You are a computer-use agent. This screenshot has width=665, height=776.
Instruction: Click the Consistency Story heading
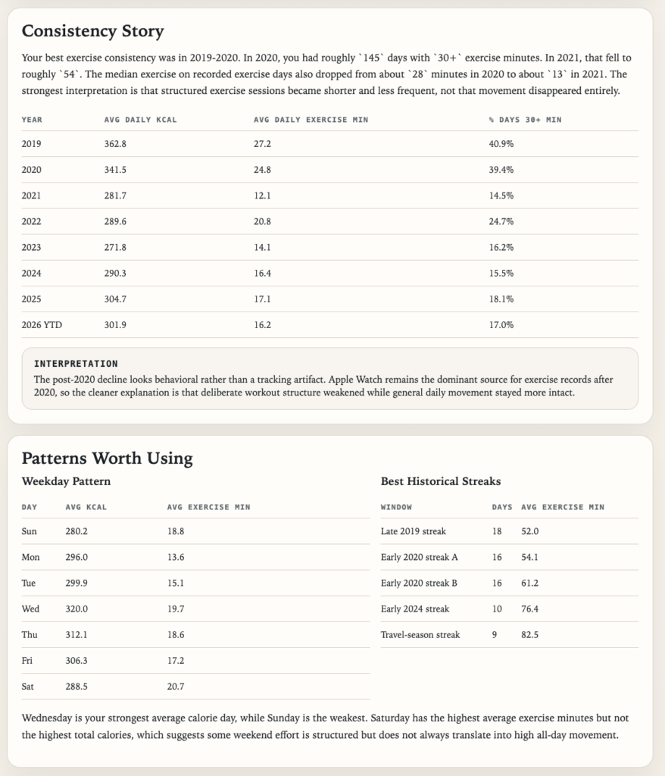[92, 31]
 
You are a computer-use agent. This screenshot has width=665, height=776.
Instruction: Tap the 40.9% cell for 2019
[501, 144]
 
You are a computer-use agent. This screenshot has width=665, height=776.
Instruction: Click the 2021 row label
[32, 196]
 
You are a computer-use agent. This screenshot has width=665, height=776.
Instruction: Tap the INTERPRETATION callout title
[76, 364]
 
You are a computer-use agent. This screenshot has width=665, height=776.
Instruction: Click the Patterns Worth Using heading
[107, 458]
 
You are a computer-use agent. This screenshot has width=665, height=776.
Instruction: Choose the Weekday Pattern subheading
[66, 481]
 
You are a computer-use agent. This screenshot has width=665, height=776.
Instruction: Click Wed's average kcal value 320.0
[77, 609]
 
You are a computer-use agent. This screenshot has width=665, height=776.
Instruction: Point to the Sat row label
[29, 687]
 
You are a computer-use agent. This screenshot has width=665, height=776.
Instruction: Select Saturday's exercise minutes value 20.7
[176, 687]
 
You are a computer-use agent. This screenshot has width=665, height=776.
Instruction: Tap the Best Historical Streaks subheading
[440, 481]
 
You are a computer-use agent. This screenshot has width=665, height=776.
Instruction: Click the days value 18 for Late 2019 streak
[497, 531]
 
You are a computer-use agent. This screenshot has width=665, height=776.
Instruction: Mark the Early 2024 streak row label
[415, 609]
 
